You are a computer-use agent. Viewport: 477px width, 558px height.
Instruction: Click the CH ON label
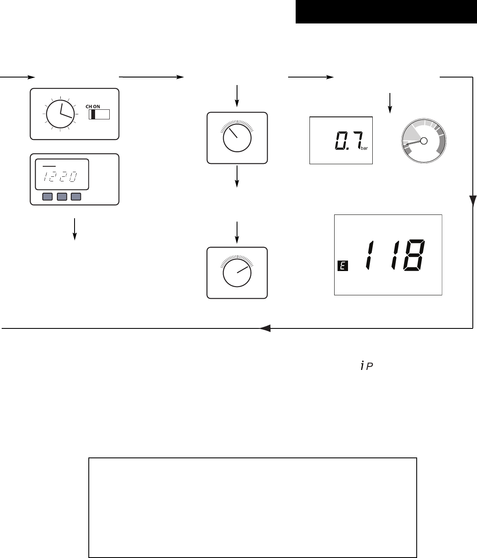pos(98,106)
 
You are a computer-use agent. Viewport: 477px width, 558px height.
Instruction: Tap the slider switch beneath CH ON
pos(99,114)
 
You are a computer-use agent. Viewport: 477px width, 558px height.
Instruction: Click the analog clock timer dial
pos(61,114)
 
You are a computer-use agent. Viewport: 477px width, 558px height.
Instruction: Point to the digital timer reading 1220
pos(61,177)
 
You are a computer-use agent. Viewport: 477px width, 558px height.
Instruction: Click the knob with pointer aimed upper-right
pos(237,273)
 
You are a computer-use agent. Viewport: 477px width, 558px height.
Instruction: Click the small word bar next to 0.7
pos(364,148)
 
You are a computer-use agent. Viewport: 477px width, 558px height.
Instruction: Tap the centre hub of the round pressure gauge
pos(424,141)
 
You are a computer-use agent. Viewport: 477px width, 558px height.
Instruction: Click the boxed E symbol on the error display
pos(343,265)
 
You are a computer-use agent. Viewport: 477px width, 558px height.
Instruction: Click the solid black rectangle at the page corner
pos(386,12)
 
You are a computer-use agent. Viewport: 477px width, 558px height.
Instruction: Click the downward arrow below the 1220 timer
pos(75,229)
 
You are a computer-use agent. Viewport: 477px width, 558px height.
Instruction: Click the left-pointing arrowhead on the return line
pos(265,328)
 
